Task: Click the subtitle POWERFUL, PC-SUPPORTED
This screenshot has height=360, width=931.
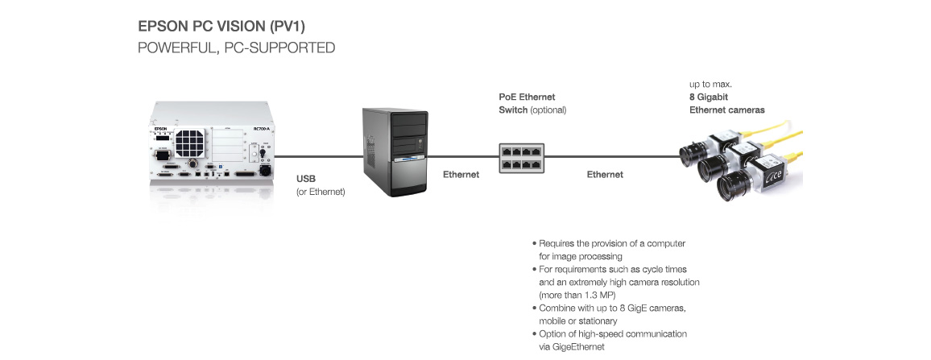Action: coord(236,48)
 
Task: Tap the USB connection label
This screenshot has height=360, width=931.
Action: coord(307,178)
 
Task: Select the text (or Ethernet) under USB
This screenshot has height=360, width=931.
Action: coord(321,191)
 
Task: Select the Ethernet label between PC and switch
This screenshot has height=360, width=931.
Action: coord(461,174)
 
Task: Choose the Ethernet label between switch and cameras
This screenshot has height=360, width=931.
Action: coord(604,174)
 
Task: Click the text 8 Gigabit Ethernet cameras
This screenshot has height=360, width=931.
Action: coord(726,103)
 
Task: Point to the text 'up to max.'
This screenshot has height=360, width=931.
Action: coord(710,84)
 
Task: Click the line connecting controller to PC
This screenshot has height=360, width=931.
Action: coord(315,156)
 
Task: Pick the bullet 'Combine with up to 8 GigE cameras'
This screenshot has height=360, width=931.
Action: coord(612,308)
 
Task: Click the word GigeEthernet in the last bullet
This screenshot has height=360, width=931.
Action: coord(577,346)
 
